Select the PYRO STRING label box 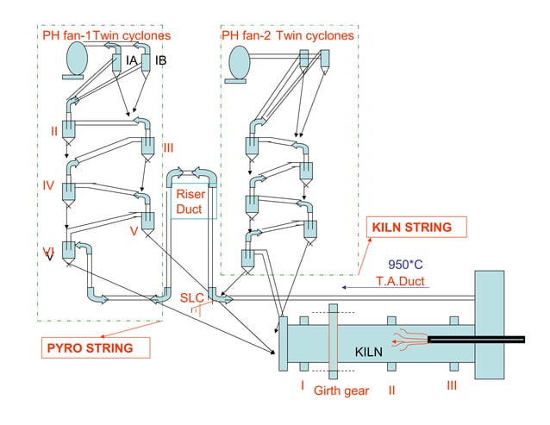click(94, 348)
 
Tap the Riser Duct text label click(190, 202)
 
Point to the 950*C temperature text click(406, 264)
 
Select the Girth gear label click(341, 391)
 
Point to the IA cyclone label click(131, 60)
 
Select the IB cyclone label click(160, 60)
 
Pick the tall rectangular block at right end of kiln click(489, 322)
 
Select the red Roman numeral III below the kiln click(452, 385)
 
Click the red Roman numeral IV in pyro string click(48, 185)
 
